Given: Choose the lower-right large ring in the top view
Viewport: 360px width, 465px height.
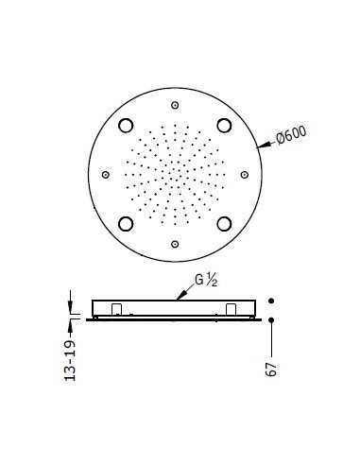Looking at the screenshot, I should (224, 223).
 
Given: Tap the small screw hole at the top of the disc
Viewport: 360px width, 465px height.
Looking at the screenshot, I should (175, 104).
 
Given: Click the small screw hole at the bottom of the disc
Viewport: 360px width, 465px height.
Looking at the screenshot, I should (175, 244).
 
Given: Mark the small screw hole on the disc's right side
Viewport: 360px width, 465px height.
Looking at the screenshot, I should (245, 174).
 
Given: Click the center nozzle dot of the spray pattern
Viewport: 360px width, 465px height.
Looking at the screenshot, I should (175, 174).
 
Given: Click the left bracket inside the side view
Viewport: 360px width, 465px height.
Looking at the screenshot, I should (115, 310).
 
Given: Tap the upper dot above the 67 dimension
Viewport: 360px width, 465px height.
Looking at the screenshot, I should (272, 301).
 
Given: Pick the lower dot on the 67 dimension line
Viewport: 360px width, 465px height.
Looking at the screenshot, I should (272, 320).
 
